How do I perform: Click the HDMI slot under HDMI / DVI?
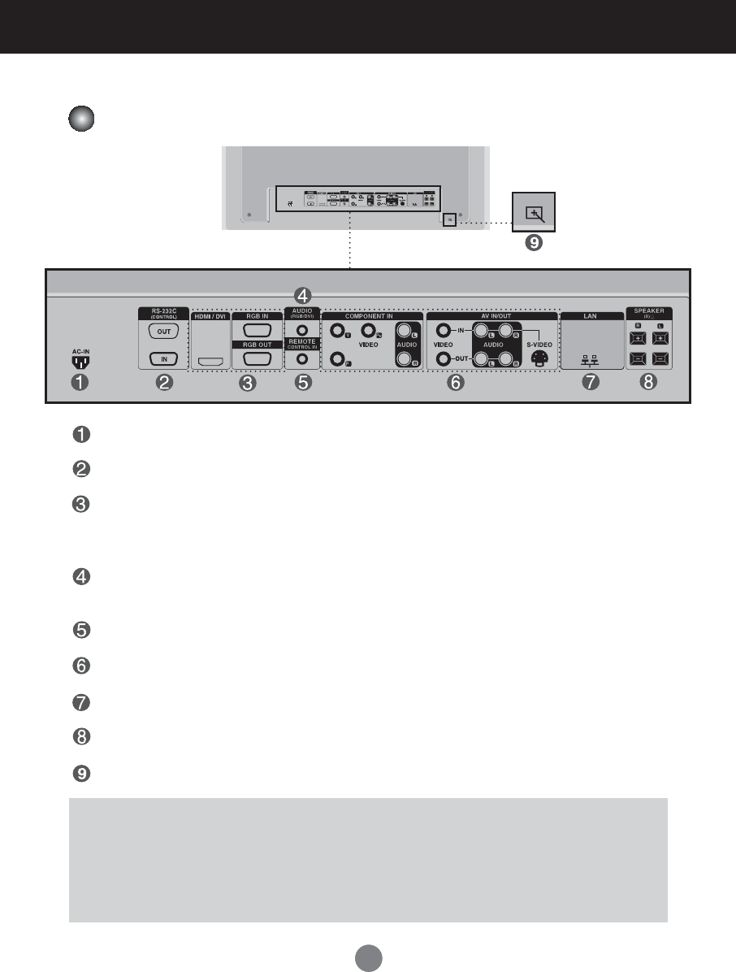pos(210,359)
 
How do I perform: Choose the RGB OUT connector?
pos(257,358)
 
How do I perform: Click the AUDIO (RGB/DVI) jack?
pos(302,332)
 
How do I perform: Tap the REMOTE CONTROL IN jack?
pos(302,358)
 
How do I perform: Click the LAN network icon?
pos(591,362)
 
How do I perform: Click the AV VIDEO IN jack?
pos(443,331)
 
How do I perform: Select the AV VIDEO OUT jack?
pos(443,358)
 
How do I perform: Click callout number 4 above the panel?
pos(302,294)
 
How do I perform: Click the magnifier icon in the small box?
pos(533,214)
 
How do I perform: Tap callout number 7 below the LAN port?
pos(591,384)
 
